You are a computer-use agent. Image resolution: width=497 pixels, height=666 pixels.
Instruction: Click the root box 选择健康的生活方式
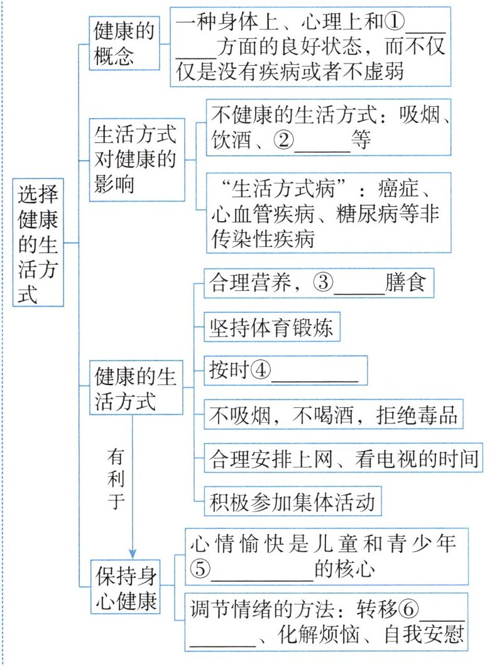coord(38,241)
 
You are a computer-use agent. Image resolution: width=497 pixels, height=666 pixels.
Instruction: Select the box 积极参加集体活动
coord(293,502)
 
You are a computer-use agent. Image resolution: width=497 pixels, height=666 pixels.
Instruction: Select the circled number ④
coord(260,371)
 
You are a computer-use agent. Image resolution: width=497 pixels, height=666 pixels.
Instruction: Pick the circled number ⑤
coord(202,569)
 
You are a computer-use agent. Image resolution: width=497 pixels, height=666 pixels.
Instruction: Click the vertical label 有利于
coord(117,478)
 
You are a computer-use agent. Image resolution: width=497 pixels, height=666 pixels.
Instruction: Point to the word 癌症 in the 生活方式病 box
coord(403,189)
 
